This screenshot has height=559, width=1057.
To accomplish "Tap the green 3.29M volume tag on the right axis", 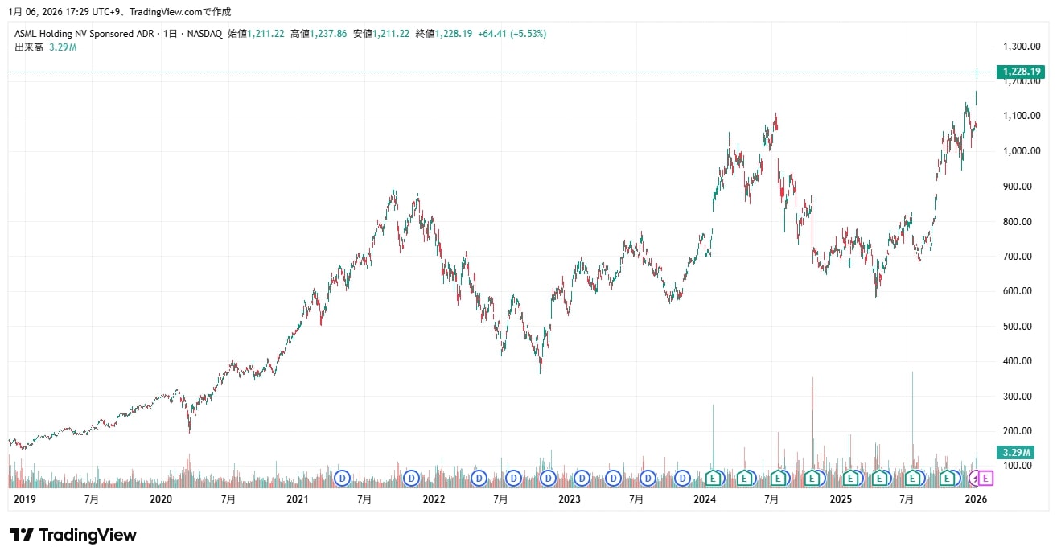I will (x=1014, y=452).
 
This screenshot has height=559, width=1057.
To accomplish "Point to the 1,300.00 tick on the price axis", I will (x=1022, y=46).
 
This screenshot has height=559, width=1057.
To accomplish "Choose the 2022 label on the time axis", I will (x=434, y=499).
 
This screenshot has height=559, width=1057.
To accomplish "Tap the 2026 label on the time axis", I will (x=976, y=499).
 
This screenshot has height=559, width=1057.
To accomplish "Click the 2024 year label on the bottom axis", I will (x=705, y=499).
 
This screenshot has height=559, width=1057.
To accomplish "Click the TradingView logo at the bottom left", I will (x=73, y=535).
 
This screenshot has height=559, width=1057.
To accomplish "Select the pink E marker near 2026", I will (x=987, y=479).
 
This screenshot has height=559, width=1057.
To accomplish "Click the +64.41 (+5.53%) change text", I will (x=512, y=34).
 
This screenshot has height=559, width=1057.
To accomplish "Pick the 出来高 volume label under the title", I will (x=29, y=47).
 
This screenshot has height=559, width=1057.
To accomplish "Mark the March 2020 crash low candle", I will (x=189, y=430).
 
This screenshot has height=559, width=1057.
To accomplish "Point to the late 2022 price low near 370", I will (x=540, y=371).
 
